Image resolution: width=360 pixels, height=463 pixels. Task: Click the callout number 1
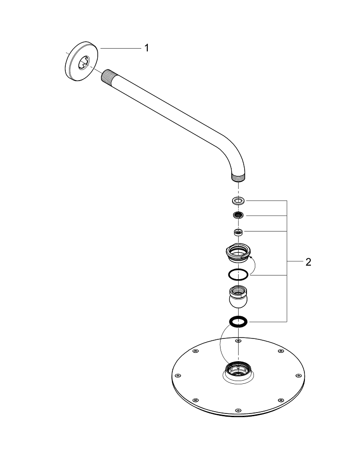[x=146, y=48]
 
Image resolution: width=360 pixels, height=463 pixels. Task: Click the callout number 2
[x=308, y=262]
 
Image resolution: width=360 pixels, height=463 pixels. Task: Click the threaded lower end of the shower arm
[x=238, y=178]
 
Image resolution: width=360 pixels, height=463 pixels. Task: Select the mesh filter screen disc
[x=238, y=215]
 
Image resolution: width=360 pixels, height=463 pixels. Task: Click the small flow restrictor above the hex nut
[x=238, y=232]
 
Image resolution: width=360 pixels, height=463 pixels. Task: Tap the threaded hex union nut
[x=238, y=252]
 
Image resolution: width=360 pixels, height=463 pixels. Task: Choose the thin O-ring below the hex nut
[x=238, y=275]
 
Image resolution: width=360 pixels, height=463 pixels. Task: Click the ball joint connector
[x=238, y=297]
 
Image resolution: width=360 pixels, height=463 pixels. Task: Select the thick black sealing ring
[x=238, y=322]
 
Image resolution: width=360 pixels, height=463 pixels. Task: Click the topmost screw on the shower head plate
[x=238, y=341]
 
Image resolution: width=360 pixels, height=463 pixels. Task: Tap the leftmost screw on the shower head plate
[x=177, y=375]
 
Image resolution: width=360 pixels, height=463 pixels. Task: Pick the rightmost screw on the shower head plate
[x=298, y=375]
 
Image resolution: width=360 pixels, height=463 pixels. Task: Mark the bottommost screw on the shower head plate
[x=238, y=410]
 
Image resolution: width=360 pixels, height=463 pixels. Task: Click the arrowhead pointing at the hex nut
[x=251, y=258]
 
